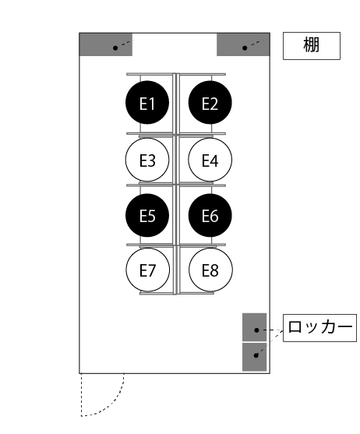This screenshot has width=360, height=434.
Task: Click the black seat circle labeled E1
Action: point(147,103)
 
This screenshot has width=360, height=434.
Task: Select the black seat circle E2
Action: point(210,103)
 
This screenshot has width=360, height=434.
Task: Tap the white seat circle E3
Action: point(147,160)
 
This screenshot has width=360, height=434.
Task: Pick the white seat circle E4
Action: point(210,160)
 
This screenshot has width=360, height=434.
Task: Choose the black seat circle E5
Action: point(147,215)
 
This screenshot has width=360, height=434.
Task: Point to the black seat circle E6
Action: point(210,215)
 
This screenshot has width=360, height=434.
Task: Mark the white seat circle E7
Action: point(147,270)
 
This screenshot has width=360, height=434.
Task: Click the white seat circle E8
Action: point(210,270)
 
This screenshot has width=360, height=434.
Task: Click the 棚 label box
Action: point(312,46)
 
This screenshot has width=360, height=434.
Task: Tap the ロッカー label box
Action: point(319,328)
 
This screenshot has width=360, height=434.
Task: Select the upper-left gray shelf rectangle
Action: point(106,44)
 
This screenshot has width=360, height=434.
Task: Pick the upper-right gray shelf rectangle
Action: point(243,44)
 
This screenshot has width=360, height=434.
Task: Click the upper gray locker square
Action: point(255,327)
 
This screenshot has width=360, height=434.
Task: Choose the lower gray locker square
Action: point(255,357)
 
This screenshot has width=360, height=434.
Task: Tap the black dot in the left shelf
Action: point(115,48)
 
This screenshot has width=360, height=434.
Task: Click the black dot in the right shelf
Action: point(245,48)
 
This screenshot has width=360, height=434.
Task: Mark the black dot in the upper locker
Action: point(256,330)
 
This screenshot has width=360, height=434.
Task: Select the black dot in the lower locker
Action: point(256,355)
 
